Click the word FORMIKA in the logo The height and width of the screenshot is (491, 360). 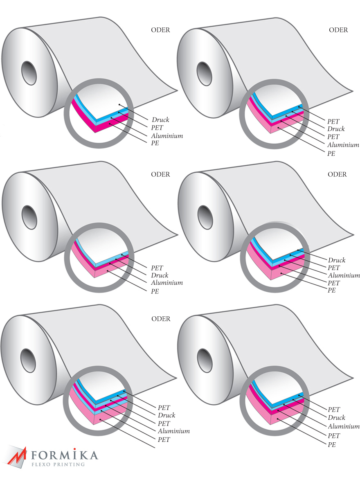pos(65,455)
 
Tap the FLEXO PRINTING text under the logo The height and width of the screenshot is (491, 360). pos(59,464)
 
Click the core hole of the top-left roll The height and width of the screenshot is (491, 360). pos(29,73)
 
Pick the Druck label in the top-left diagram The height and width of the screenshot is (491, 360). pos(160,120)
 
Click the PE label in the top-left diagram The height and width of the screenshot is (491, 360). pos(155,144)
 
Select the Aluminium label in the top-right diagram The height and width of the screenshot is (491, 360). pos(343,145)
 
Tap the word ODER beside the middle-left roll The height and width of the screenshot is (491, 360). pos(160,174)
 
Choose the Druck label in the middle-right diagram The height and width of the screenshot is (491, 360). pos(337,260)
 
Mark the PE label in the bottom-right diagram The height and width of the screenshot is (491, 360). pos(331,444)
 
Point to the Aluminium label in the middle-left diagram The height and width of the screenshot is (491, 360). pos(166,283)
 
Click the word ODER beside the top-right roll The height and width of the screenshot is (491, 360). pos(338,30)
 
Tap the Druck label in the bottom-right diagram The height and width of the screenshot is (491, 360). pos(336,418)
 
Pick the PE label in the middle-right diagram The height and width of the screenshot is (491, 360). pos(331,291)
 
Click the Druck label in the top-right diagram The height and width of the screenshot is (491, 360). pos(336,129)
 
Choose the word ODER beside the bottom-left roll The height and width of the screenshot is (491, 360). pos(161,319)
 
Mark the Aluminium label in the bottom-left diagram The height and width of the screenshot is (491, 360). pos(174,431)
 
